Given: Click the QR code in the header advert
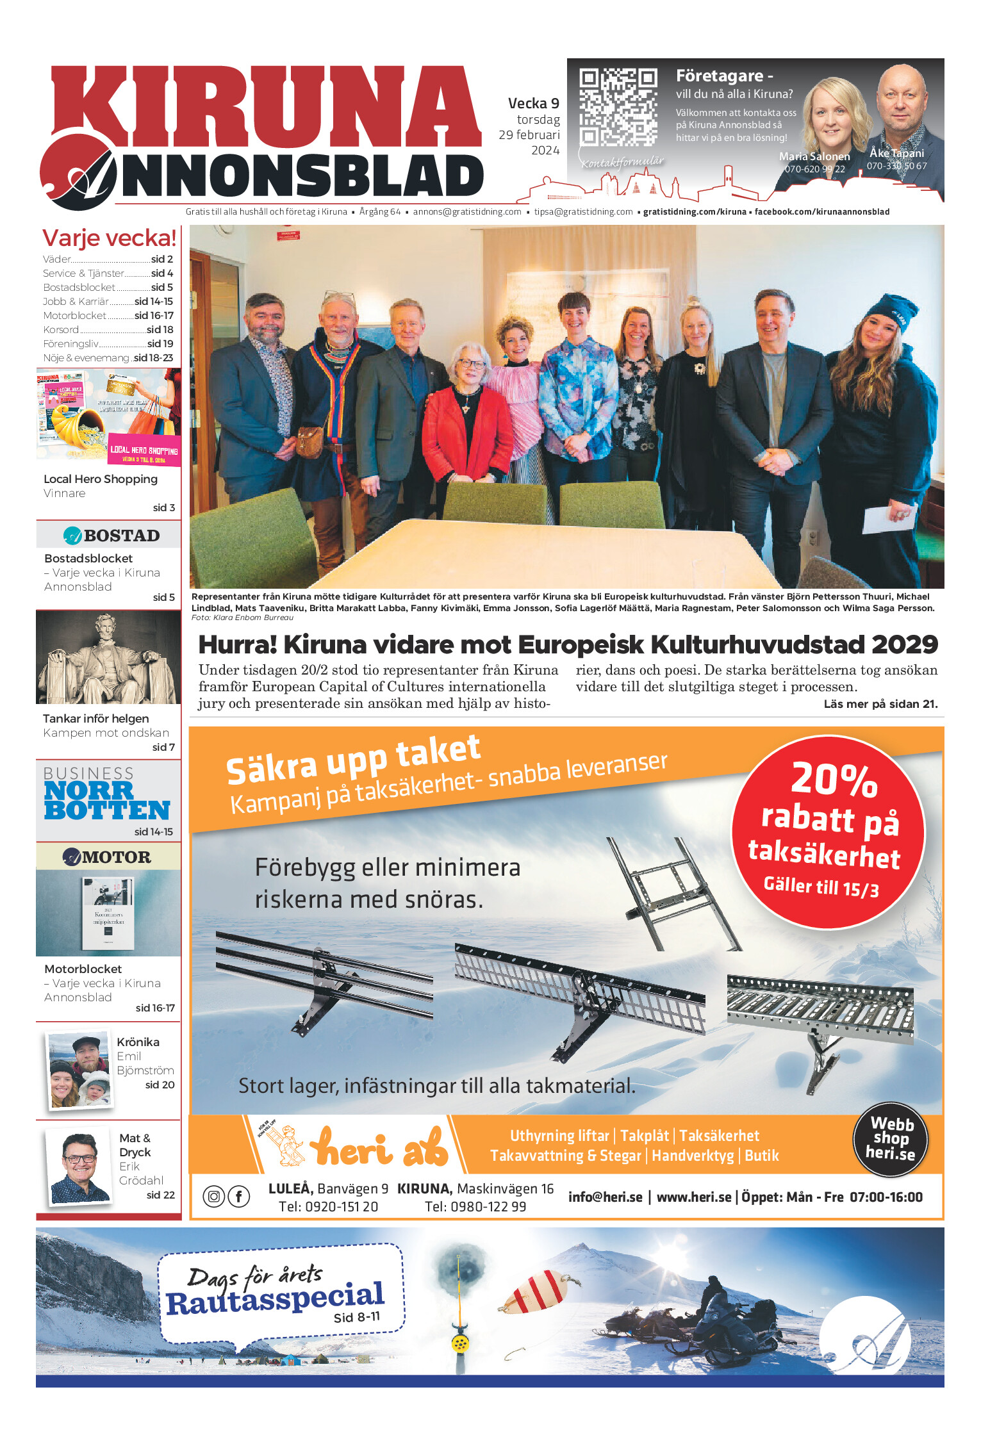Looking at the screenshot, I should coord(618,106).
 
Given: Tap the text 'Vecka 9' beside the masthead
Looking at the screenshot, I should coord(533,103).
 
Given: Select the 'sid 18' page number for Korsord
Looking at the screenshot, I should coord(160,330).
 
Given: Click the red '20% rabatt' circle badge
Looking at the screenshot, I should coord(828,832).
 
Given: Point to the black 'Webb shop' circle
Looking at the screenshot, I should coord(890,1140).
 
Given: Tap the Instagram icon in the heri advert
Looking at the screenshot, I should coord(214,1196).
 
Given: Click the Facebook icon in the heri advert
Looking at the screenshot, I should coord(239,1196).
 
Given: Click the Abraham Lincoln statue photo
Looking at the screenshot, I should coord(108,657).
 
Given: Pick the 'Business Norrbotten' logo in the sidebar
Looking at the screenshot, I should coord(106,794).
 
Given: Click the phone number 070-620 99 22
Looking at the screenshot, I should coord(814,169).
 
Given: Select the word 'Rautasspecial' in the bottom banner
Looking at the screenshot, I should coord(276,1298).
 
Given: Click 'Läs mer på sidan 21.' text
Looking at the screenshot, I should coord(880,704).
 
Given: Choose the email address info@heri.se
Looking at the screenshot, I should coord(605,1197).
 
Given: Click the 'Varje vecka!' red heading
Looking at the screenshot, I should coord(109,238).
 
